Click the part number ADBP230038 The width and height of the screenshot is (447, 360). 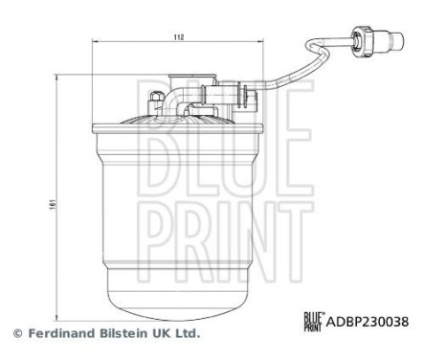(369, 322)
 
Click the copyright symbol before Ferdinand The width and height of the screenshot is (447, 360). (16, 333)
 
